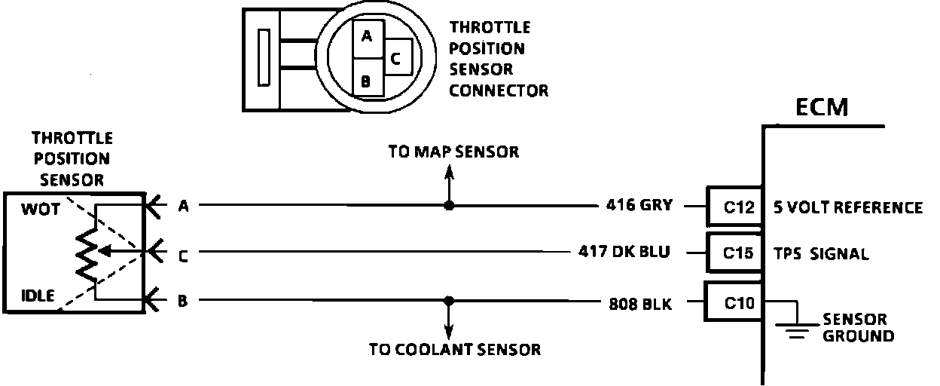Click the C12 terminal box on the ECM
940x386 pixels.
click(733, 207)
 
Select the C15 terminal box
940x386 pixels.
click(733, 253)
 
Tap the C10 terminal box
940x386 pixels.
click(733, 303)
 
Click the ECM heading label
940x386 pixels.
click(822, 108)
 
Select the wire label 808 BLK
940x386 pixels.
click(640, 305)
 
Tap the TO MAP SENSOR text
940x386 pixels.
click(453, 152)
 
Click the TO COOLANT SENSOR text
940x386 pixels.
click(454, 350)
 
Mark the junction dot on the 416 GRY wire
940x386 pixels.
click(449, 205)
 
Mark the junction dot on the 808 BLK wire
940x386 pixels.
click(450, 300)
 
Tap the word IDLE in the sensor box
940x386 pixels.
click(38, 296)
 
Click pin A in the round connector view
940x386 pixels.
click(366, 36)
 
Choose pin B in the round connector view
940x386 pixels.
click(365, 79)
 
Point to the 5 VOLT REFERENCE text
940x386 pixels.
click(848, 207)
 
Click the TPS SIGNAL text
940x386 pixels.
click(821, 254)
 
